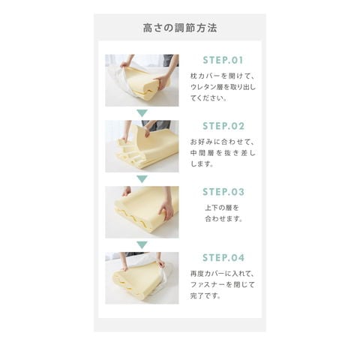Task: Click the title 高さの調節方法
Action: pos(180,28)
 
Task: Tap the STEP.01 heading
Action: pos(223,60)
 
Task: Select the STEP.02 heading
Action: pos(223,126)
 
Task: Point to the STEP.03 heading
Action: pos(223,192)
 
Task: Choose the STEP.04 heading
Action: pos(223,258)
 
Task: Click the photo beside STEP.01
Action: pos(142,80)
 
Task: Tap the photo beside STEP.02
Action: pos(142,146)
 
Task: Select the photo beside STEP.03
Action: pos(142,212)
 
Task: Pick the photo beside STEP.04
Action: pos(142,277)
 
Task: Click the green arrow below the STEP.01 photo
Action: pos(142,113)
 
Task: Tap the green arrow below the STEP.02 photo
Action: pos(142,179)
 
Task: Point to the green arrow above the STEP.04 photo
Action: pos(142,244)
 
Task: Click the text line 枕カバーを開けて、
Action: pos(223,76)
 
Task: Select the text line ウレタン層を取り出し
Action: pos(223,87)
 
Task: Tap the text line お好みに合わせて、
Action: pos(223,142)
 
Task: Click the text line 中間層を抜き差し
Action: pos(223,153)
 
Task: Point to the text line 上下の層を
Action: pos(222,208)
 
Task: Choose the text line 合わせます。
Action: pos(223,219)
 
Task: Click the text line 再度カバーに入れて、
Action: pos(223,274)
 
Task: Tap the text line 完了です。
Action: pos(205,295)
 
